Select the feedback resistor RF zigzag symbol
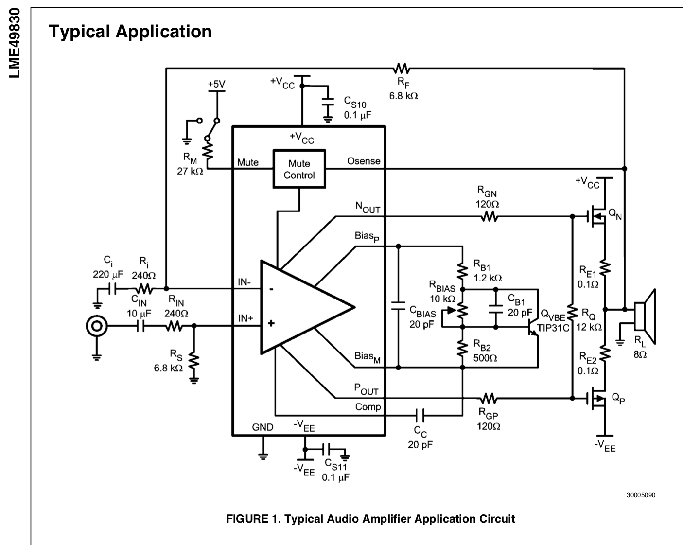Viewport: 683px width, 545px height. [401, 68]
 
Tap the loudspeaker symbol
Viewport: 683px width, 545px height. [645, 316]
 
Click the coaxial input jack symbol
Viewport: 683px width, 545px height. [97, 326]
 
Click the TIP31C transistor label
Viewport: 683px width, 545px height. [553, 328]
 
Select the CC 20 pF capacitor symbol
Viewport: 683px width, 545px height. [420, 415]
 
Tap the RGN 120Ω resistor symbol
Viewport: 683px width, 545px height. [489, 217]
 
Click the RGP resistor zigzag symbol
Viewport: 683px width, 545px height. [489, 398]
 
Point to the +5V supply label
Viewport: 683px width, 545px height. [216, 84]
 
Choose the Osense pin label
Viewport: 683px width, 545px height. [364, 161]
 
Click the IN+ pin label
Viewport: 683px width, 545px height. [245, 318]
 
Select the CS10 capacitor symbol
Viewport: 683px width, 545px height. [328, 102]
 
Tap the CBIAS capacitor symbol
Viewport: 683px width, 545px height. [398, 306]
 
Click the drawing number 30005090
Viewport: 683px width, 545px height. [641, 495]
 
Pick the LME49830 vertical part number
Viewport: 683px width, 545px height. [15, 43]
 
